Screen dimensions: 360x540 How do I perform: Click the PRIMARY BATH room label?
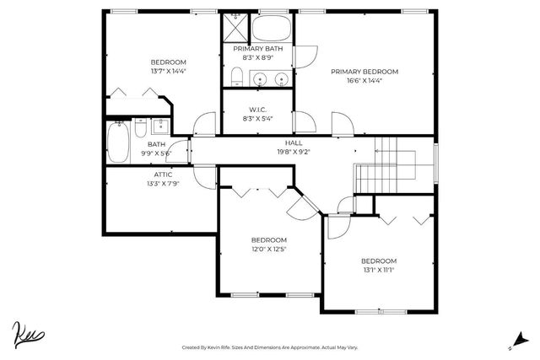pos(257,49)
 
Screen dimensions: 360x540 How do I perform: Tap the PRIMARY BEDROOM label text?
pos(364,72)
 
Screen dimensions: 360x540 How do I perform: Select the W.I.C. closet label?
pos(257,110)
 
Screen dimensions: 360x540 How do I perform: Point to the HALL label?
pos(294,143)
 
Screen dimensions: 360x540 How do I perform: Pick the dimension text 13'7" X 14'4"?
pos(169,72)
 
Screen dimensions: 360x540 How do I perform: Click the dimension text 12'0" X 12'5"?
pos(268,249)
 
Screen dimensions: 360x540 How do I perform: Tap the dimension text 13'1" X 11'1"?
pos(378,270)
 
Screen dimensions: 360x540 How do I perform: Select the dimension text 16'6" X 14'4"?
pos(364,81)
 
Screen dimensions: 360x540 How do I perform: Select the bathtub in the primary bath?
pos(272,28)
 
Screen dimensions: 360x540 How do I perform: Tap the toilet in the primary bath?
pos(236,79)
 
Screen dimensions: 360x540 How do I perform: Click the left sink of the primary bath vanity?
pos(261,79)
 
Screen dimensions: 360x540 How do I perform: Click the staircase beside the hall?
pos(392,164)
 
